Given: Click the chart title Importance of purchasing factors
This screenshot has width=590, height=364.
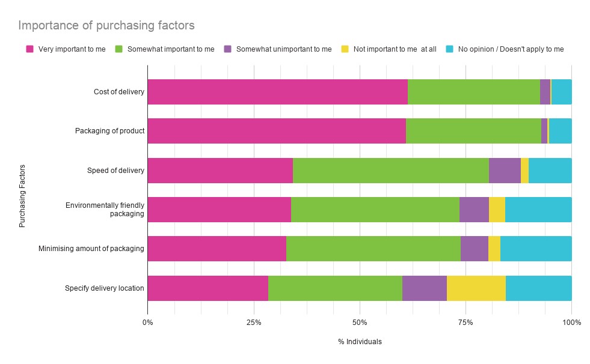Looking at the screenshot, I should click(106, 26).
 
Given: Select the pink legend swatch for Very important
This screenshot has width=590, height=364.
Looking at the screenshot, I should click(29, 49).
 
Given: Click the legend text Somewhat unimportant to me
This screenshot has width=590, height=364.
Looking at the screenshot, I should click(283, 49).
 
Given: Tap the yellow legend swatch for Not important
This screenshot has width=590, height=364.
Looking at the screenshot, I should click(344, 49).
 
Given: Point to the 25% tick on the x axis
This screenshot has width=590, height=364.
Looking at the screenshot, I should click(253, 323).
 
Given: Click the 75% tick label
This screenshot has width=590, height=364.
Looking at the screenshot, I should click(466, 323).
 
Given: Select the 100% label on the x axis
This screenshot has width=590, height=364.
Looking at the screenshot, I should click(571, 323).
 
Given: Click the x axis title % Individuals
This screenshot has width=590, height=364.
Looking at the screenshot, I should click(360, 342).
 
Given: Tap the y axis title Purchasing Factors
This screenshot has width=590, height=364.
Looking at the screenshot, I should click(22, 196).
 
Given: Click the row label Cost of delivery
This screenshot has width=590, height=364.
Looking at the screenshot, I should click(119, 92).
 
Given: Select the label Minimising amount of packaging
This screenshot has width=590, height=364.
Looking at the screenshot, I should click(91, 249).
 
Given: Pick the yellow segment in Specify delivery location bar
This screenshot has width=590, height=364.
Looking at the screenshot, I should click(476, 288).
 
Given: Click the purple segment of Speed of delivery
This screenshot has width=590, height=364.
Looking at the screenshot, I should click(505, 170).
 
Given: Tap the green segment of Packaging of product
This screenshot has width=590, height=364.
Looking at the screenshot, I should click(473, 131).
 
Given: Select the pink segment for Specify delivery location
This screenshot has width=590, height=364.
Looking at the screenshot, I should click(207, 288).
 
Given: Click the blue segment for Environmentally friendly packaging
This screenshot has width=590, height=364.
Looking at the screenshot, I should click(538, 210).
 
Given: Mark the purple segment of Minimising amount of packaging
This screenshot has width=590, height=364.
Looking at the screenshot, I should click(474, 249).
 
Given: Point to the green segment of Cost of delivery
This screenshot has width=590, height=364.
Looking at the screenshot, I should click(473, 92).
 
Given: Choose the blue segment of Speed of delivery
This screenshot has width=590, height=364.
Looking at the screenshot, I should click(550, 170).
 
